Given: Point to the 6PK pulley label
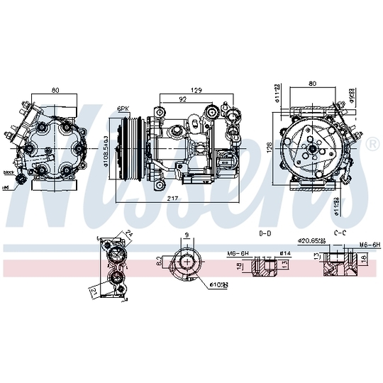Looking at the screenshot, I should coord(123,109).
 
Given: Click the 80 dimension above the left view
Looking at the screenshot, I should coord(55,91).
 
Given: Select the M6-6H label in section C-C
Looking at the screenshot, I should coord(369,245).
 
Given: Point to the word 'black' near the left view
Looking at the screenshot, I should coord(9,173).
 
